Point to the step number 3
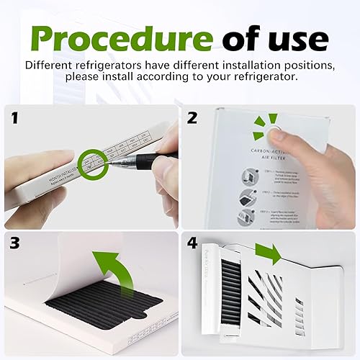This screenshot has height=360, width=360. tap(15, 244)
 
